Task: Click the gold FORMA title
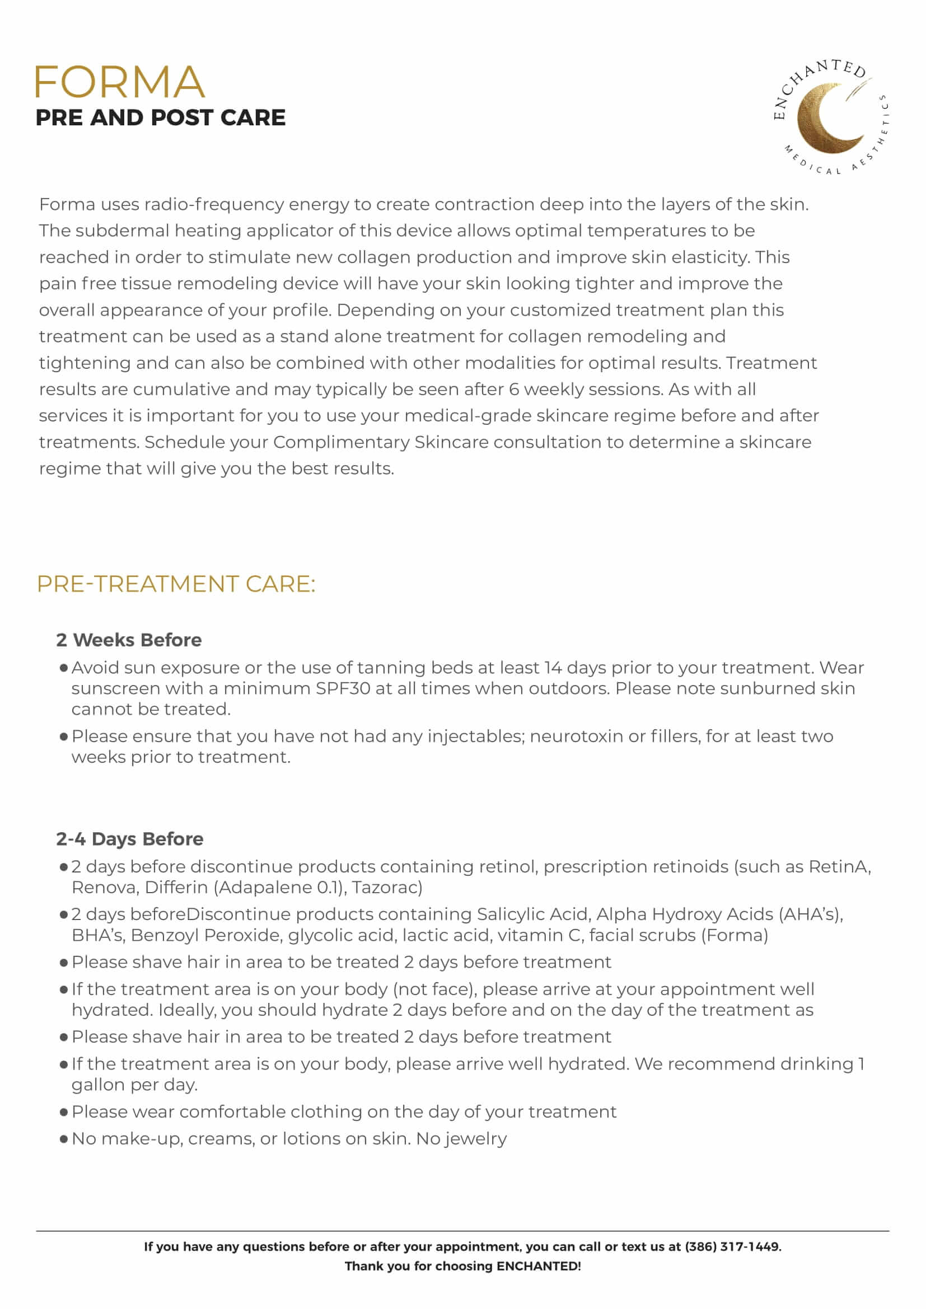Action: tap(119, 82)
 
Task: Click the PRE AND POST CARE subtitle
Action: tap(160, 118)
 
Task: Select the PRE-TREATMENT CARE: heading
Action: tap(176, 584)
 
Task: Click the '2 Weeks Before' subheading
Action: tap(129, 640)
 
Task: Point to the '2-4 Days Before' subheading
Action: tap(129, 839)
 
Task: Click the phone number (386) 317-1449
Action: tap(732, 1246)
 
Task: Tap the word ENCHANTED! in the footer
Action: tap(538, 1266)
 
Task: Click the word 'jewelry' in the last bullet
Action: tap(475, 1138)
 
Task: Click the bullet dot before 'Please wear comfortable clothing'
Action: tap(64, 1113)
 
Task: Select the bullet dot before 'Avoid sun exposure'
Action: tap(64, 668)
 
